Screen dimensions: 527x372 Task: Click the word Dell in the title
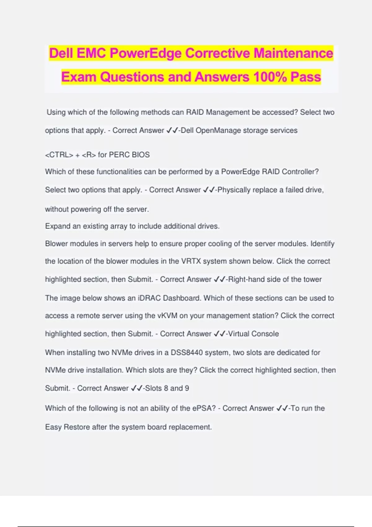coord(61,53)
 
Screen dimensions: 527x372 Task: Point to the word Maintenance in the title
coord(293,53)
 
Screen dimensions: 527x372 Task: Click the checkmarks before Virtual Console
coord(219,334)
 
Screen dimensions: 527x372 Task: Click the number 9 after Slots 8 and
coord(187,388)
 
